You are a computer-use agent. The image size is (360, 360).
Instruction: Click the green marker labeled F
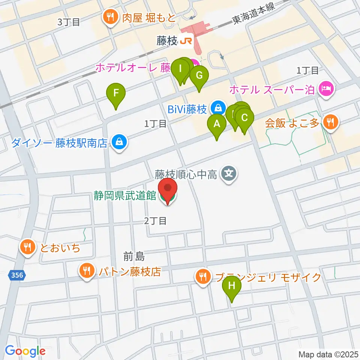116,93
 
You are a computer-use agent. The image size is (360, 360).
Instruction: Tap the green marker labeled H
231,286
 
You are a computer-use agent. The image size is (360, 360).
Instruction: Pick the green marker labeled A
217,124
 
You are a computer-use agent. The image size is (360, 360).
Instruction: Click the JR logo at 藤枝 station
186,41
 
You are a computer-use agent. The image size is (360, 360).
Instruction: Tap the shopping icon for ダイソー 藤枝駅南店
119,142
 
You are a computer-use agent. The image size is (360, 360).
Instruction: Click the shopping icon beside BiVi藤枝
217,109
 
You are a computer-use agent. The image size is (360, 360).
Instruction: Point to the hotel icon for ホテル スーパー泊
325,89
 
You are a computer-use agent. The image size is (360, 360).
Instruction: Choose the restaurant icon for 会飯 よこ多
330,121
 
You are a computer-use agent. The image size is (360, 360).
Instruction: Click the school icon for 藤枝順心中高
228,174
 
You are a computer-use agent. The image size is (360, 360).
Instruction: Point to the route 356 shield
16,275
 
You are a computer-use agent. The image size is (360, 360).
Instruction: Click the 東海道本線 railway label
253,15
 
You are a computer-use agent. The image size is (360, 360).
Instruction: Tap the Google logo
25,351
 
